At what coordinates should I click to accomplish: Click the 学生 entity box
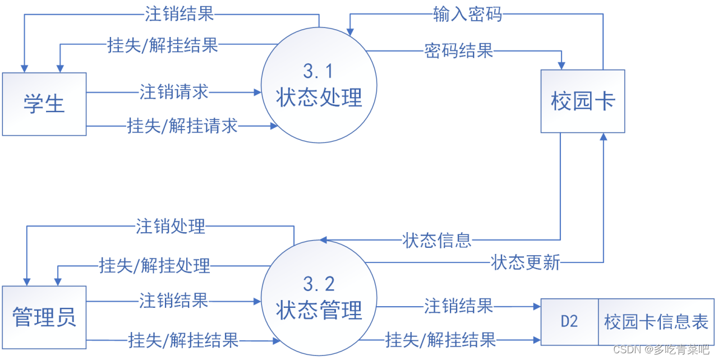point(44,104)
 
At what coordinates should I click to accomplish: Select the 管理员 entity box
point(44,316)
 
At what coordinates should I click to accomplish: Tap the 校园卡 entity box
point(583,101)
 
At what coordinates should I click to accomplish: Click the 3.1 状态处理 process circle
point(319,86)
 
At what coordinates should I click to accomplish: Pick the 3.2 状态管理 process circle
point(319,298)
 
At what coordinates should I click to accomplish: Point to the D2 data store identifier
point(569,321)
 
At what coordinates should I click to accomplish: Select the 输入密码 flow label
point(467,15)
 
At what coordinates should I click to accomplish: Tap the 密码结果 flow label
point(459,51)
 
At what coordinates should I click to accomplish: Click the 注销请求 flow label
point(174,92)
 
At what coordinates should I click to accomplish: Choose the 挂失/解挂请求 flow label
point(182,126)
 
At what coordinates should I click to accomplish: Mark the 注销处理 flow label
point(171,227)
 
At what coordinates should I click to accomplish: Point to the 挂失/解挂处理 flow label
point(154,265)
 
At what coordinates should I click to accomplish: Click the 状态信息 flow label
point(437,241)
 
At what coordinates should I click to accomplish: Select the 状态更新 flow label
point(526,262)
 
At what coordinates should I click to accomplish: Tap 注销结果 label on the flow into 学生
point(179,14)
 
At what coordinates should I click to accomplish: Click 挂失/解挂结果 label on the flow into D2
point(440,339)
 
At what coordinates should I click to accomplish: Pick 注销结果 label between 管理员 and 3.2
point(173,301)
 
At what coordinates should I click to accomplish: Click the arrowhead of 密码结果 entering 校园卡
point(561,65)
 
